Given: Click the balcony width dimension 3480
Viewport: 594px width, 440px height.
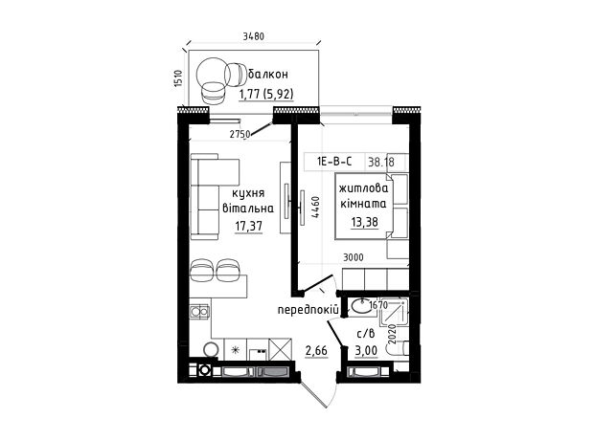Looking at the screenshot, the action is click(253, 36).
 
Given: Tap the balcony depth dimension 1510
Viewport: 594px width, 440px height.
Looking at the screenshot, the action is click(179, 78).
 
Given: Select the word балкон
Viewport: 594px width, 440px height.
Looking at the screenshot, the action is click(268, 74).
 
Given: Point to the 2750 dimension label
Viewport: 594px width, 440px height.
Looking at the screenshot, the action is click(240, 134).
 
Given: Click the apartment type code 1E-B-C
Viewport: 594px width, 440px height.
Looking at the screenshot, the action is click(334, 162).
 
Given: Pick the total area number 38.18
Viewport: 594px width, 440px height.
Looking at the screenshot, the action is click(381, 163).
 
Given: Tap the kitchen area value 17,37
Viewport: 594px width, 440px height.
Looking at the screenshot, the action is click(248, 227).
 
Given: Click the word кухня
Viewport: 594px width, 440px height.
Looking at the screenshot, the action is click(248, 193).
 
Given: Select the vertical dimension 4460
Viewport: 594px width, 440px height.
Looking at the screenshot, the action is click(315, 207).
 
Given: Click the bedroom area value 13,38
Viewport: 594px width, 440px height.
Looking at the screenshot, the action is click(364, 222).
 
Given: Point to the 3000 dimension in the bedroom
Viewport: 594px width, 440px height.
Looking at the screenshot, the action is click(354, 257).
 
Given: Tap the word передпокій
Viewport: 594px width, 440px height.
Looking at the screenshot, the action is click(308, 310).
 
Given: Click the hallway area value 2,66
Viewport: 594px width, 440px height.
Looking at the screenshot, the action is click(316, 351).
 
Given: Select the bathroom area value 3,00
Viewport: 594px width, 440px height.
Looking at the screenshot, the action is click(366, 351).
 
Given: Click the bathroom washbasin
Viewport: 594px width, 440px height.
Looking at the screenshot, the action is click(360, 306).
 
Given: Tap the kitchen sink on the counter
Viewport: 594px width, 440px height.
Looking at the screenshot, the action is click(199, 311).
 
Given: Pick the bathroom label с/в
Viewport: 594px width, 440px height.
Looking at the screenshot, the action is click(366, 334).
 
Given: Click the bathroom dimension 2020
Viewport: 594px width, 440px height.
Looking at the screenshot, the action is click(392, 334).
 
